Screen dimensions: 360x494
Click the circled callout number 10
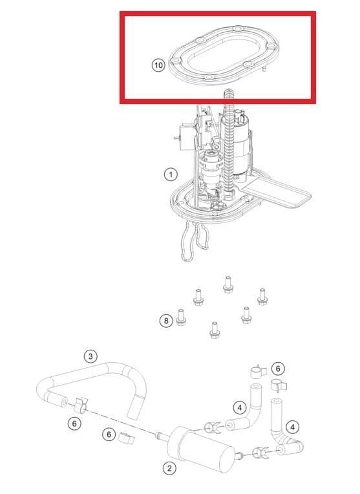(158, 65)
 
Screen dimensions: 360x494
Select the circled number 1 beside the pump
(171, 174)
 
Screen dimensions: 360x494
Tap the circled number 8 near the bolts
(166, 321)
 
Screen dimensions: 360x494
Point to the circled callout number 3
(90, 356)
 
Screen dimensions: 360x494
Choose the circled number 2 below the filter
(169, 468)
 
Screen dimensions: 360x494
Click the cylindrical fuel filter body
(202, 449)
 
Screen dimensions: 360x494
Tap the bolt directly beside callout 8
(181, 317)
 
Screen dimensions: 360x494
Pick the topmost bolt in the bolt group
(228, 284)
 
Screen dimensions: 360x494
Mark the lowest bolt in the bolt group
(214, 330)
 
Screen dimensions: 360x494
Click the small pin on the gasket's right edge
(264, 68)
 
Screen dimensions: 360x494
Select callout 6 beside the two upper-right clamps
(278, 369)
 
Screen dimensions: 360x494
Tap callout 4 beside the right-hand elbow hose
(293, 427)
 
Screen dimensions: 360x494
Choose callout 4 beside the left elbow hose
(240, 407)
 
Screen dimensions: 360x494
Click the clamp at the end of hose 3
(81, 405)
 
